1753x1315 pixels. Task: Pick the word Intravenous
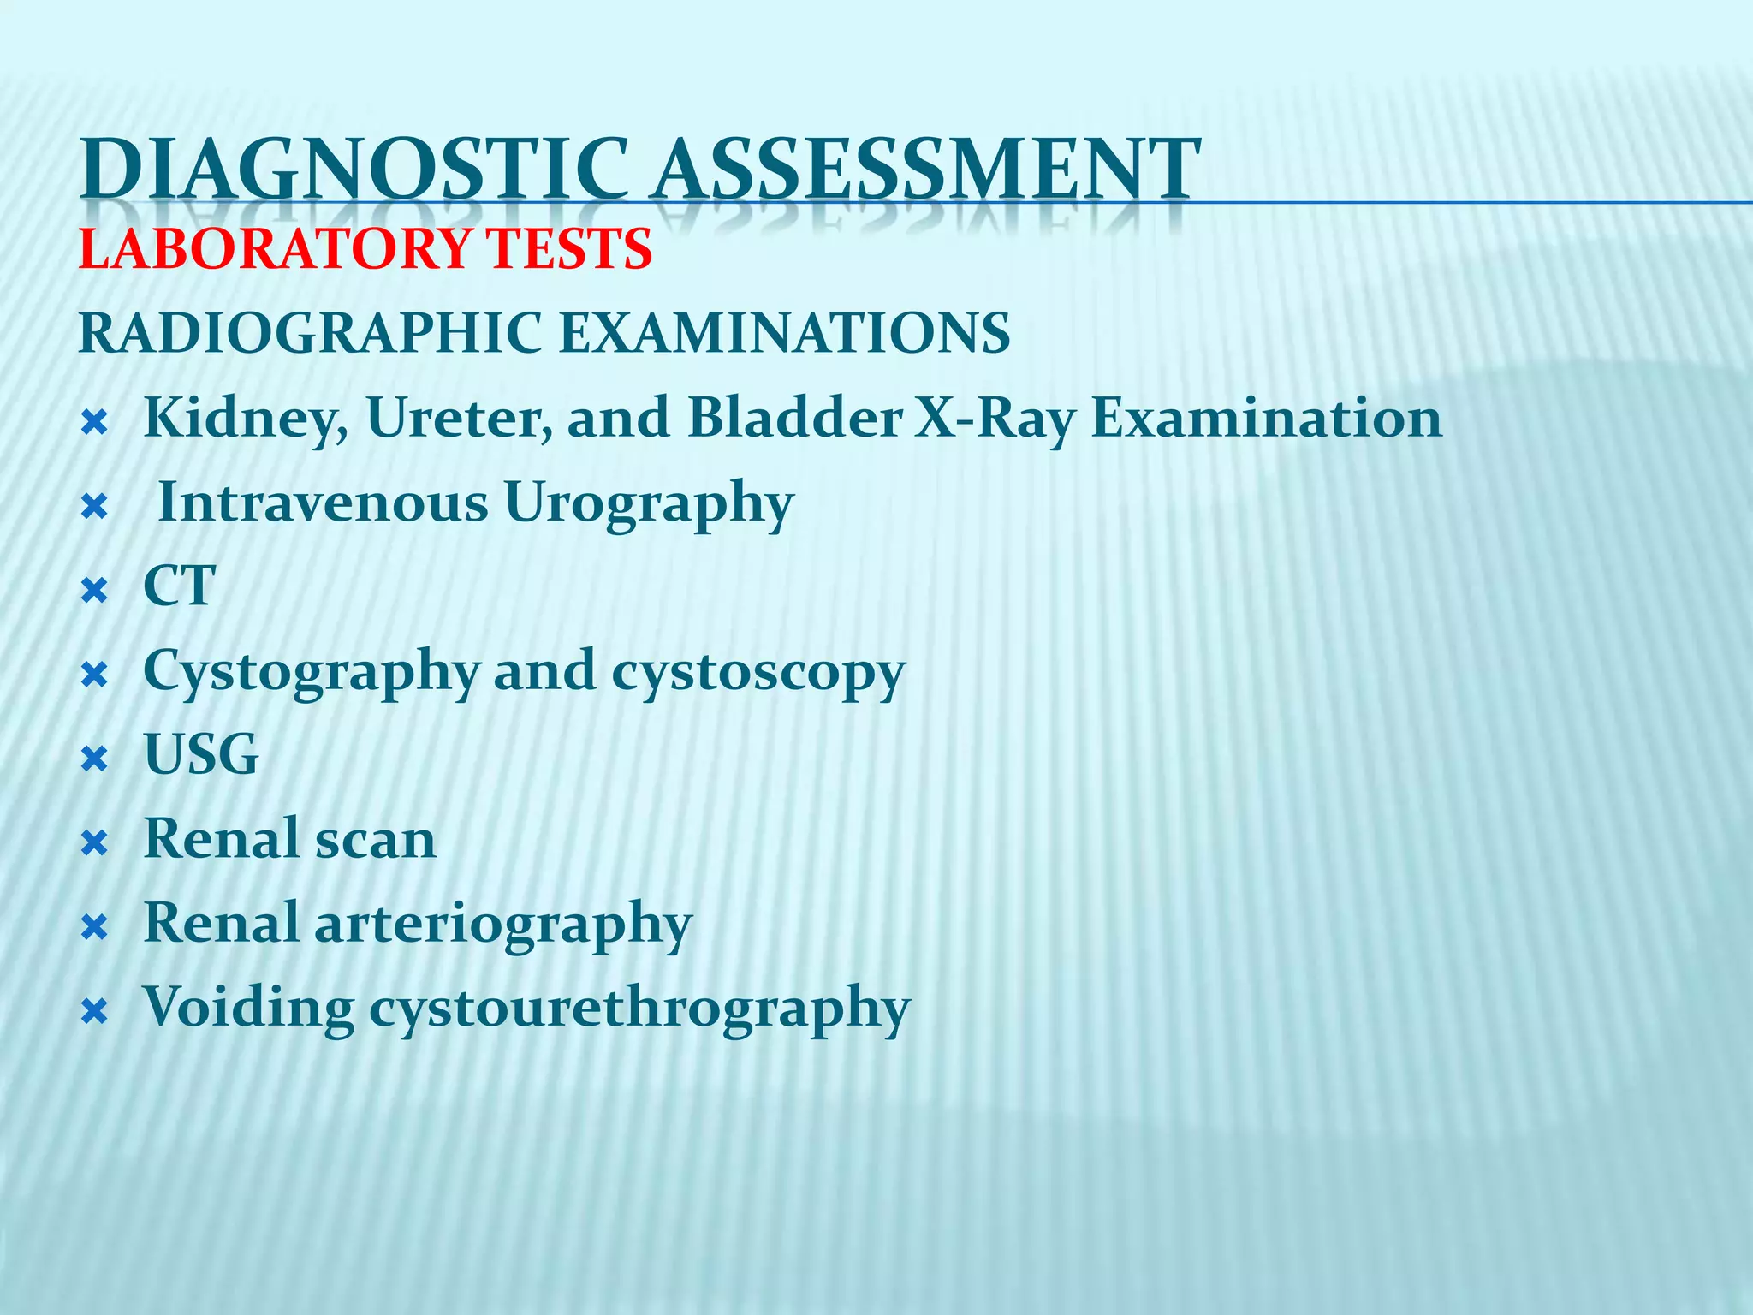[x=324, y=503]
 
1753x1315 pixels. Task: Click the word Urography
[x=649, y=503]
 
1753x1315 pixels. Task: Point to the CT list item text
[x=179, y=586]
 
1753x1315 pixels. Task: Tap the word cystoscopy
[x=758, y=672]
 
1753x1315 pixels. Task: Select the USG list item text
[x=201, y=754]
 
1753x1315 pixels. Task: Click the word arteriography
[x=503, y=924]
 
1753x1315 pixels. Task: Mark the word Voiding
[x=248, y=1007]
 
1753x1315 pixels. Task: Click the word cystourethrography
[x=639, y=1009]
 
